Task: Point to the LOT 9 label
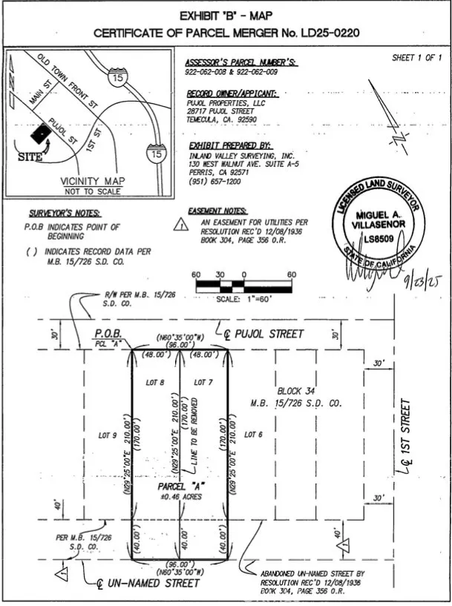(108, 435)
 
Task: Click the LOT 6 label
(253, 435)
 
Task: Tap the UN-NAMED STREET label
(153, 583)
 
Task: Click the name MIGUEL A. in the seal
(376, 215)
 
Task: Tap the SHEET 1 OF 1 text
(416, 57)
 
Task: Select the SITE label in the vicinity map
(29, 157)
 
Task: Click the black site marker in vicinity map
(41, 134)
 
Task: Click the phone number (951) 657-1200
(214, 182)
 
